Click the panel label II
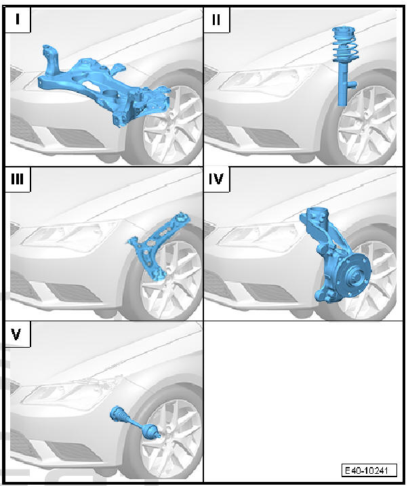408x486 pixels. (217, 19)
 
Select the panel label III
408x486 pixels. (19, 180)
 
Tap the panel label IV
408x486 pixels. (218, 180)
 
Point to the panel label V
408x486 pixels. (18, 335)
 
